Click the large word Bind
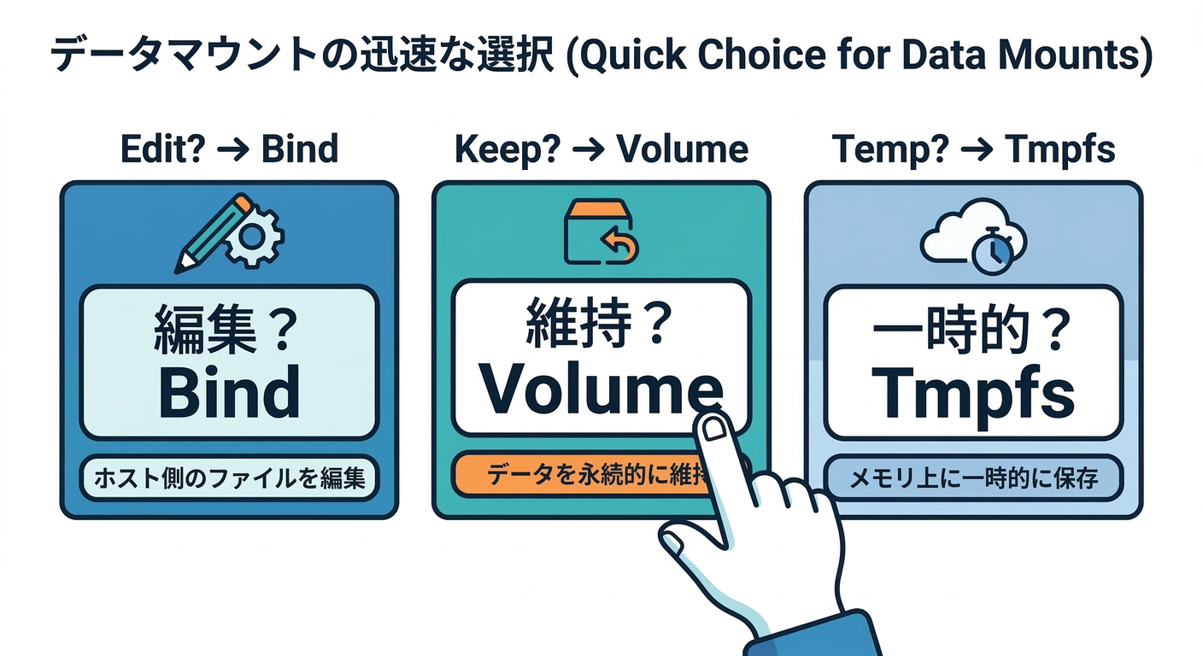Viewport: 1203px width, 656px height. [x=229, y=392]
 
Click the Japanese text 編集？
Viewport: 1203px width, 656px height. [x=227, y=330]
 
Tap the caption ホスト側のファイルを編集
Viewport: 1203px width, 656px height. [x=228, y=477]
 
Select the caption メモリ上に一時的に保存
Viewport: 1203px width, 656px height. [x=972, y=478]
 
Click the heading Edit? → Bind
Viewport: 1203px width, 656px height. [x=228, y=149]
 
